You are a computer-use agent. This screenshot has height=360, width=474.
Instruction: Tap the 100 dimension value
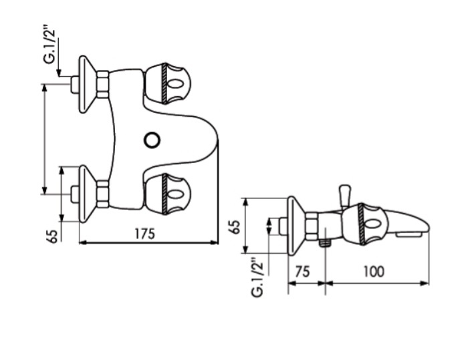(x=374, y=272)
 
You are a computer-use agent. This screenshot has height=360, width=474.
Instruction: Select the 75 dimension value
(x=303, y=272)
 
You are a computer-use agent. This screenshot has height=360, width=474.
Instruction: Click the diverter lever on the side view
(x=345, y=196)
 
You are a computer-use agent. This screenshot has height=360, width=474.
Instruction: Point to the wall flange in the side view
(x=293, y=225)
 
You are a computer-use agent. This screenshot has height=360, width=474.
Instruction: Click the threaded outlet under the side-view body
(x=325, y=240)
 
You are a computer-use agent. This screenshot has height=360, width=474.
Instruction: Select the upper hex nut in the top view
(x=103, y=84)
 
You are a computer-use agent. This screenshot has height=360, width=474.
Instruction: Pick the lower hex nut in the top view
(x=103, y=194)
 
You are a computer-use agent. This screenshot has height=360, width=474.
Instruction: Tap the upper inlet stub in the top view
(x=74, y=84)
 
